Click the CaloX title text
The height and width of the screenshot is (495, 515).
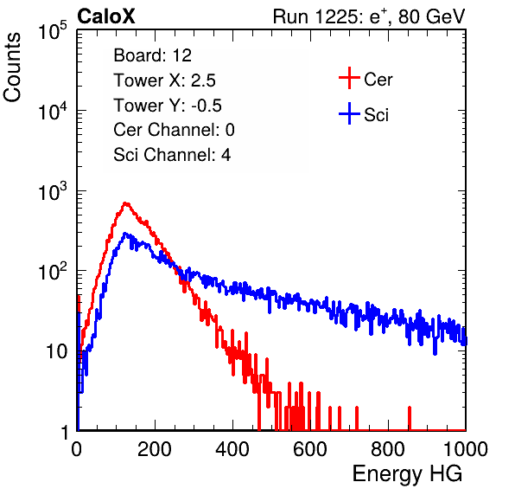[106, 16]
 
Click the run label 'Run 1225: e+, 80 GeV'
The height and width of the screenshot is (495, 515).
[369, 16]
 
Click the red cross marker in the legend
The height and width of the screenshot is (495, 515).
[349, 78]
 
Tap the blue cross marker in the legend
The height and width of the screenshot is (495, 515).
[349, 113]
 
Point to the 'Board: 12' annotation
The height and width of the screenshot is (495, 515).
[152, 55]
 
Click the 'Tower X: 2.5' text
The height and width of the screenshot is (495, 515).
[164, 80]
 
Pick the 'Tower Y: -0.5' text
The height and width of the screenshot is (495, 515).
[168, 106]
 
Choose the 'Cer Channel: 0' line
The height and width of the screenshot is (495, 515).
[174, 130]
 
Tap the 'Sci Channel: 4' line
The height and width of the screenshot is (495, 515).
[172, 155]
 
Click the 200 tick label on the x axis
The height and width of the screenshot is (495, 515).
[155, 449]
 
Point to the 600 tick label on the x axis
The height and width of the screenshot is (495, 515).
[310, 449]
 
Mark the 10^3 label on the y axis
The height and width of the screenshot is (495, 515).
[53, 191]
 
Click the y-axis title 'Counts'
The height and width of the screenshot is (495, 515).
[12, 67]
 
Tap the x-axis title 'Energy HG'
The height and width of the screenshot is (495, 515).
[407, 474]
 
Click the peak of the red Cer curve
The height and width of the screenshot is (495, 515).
[125, 203]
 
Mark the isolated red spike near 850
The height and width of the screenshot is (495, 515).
[410, 418]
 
